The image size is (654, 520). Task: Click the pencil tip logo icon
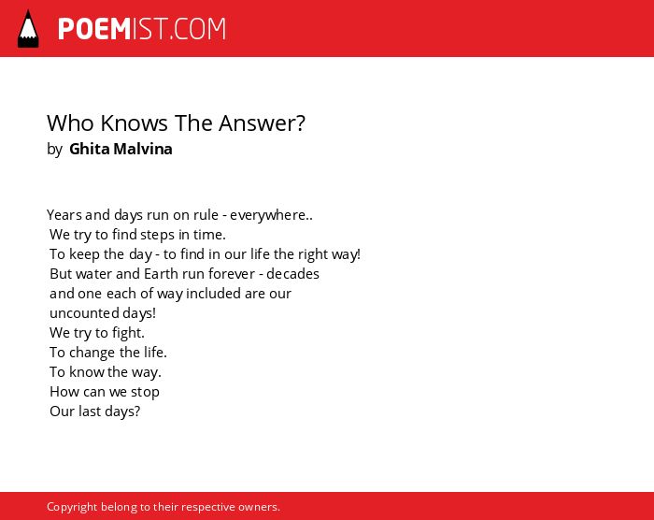(x=28, y=28)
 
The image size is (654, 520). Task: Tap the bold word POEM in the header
(x=94, y=29)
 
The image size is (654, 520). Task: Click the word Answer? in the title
(x=262, y=123)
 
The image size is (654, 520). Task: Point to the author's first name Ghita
(x=90, y=149)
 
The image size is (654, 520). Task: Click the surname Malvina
(x=143, y=149)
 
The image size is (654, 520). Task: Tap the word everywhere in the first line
(x=268, y=215)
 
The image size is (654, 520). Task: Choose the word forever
(x=232, y=274)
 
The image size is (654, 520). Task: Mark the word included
(x=213, y=294)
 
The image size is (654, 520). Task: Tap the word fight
(x=128, y=333)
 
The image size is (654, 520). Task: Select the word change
(x=92, y=353)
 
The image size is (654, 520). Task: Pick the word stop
(x=145, y=392)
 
